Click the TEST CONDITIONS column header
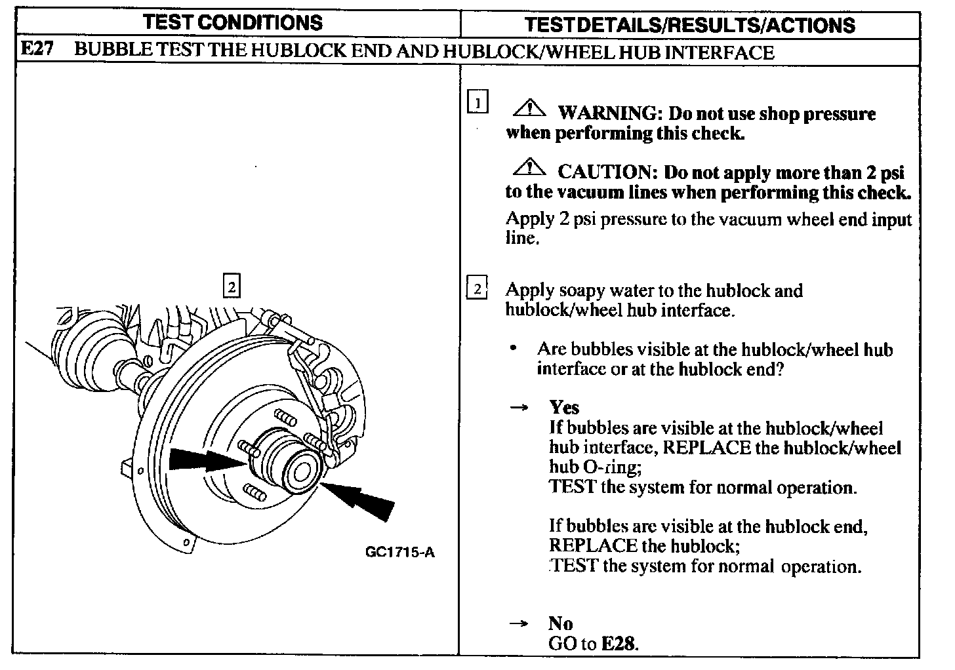pos(233,23)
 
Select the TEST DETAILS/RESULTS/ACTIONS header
pos(690,25)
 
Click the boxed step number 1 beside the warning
pos(477,103)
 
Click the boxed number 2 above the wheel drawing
pos(232,286)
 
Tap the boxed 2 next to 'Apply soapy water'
pos(477,288)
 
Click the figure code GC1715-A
pos(399,551)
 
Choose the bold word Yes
pos(564,408)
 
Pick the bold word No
pos(560,623)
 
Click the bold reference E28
pos(619,643)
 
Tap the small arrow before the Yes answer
pos(519,408)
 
